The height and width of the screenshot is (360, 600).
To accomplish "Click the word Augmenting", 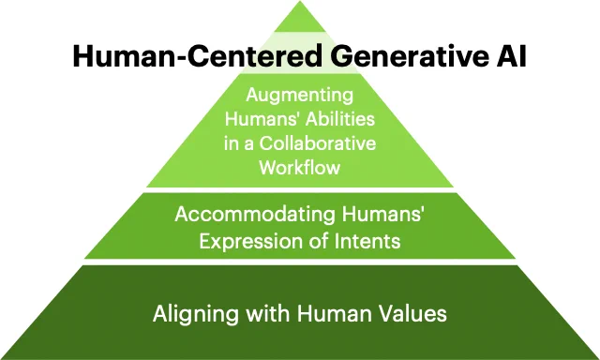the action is point(300,96).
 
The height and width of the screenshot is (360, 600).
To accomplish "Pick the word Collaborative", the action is point(318,143).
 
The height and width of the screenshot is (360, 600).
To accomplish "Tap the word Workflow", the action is point(300,168).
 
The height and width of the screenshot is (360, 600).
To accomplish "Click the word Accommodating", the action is point(255,215).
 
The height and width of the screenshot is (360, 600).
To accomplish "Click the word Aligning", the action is point(196,314).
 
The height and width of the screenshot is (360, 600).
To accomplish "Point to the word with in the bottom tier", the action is point(268,314).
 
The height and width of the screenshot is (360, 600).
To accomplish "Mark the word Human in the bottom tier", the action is point(335,314).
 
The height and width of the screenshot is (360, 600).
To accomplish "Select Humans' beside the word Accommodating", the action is point(383,215).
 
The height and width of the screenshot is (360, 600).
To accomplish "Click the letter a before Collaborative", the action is point(248,145).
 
